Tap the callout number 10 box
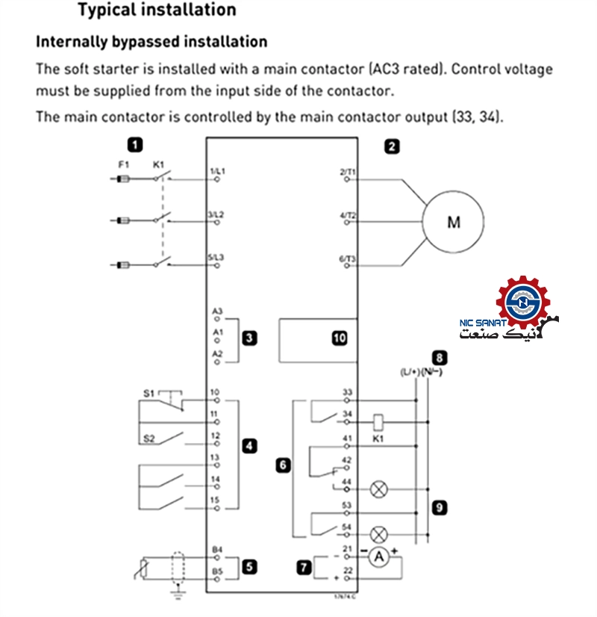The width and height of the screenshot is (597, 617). pyautogui.click(x=340, y=338)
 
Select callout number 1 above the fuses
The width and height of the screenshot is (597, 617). pyautogui.click(x=135, y=145)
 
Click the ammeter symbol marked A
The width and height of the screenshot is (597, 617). pyautogui.click(x=378, y=556)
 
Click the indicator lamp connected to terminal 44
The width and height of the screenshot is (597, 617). pyautogui.click(x=378, y=489)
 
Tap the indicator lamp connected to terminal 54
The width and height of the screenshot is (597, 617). pyautogui.click(x=378, y=534)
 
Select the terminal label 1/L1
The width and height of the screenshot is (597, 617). pyautogui.click(x=217, y=172)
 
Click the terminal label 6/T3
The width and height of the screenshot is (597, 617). pyautogui.click(x=348, y=258)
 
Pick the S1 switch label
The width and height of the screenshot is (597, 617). pyautogui.click(x=149, y=391)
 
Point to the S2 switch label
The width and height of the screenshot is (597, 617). pyautogui.click(x=149, y=438)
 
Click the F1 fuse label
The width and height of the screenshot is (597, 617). pyautogui.click(x=124, y=164)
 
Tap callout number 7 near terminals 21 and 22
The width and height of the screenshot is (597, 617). pyautogui.click(x=304, y=568)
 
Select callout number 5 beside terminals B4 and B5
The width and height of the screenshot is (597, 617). pyautogui.click(x=249, y=567)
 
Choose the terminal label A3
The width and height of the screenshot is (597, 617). pyautogui.click(x=217, y=310)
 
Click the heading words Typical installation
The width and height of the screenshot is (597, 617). pyautogui.click(x=157, y=10)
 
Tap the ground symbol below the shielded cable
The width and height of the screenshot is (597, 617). pyautogui.click(x=178, y=596)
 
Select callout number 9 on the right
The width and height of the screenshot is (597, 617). pyautogui.click(x=440, y=508)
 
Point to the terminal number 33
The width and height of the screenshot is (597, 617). pyautogui.click(x=347, y=391)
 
